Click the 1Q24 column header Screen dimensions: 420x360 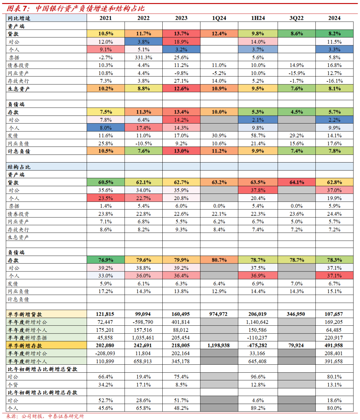(219, 18)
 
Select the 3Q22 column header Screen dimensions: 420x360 (296, 18)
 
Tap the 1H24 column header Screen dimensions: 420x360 (258, 18)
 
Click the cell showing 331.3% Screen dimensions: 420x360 (143, 58)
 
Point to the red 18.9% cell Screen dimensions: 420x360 (181, 42)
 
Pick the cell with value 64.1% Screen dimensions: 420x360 (297, 183)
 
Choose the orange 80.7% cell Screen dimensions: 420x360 (219, 260)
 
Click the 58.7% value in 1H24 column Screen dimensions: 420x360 (258, 136)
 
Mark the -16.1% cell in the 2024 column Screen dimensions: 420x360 (334, 81)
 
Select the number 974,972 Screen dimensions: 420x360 (218, 314)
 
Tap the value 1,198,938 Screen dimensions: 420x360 (218, 345)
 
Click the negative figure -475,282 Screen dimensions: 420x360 (257, 345)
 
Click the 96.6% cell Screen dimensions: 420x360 (258, 377)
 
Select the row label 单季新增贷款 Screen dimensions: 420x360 (25, 314)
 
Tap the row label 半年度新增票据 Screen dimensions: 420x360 (27, 338)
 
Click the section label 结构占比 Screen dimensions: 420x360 (19, 167)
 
